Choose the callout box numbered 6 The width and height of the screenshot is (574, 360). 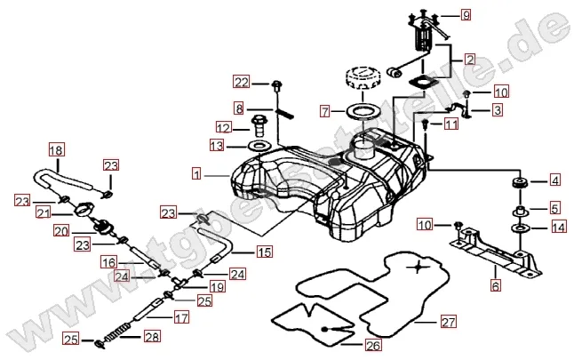point(495,285)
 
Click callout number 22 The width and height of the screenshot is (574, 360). point(242,83)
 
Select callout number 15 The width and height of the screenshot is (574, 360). point(264,252)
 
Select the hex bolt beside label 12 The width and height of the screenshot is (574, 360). point(260,124)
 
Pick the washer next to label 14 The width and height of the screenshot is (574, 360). point(517,228)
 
